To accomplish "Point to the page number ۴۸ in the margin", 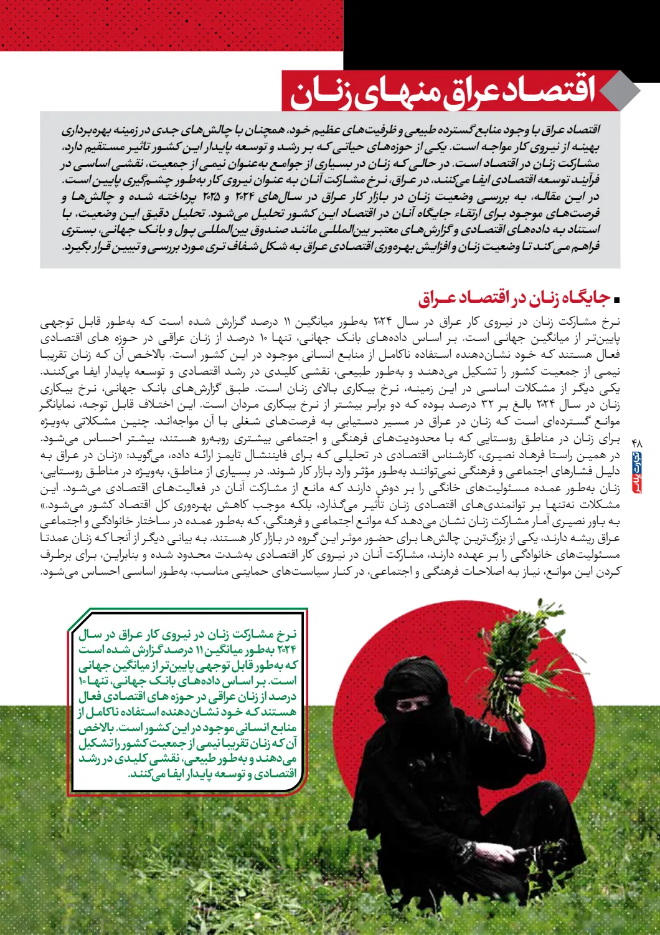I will [636, 442].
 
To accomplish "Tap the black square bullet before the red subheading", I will [617, 300].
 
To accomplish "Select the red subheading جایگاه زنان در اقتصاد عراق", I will [514, 299].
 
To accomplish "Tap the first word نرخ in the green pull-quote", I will [287, 635].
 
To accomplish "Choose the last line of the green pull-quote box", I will [212, 774].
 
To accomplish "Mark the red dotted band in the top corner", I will [171, 25].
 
